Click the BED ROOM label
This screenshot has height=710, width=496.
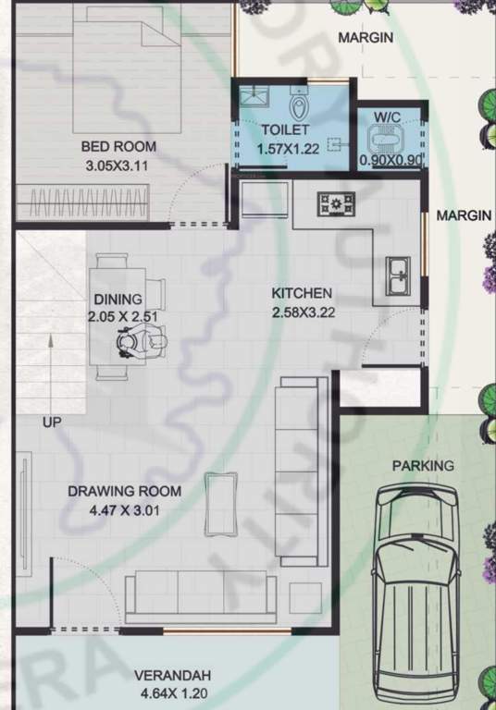[118, 146]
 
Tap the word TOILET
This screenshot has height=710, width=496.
[284, 130]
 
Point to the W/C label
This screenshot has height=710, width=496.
[386, 117]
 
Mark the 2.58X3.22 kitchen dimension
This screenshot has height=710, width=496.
[303, 312]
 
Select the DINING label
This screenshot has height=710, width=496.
[118, 299]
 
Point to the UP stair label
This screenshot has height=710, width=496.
[53, 422]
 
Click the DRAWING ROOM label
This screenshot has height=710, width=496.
[124, 491]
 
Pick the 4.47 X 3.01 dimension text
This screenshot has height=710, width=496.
[124, 508]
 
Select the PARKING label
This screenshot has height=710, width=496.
[423, 465]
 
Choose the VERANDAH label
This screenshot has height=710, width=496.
[173, 674]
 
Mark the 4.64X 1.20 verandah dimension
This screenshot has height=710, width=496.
[173, 692]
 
